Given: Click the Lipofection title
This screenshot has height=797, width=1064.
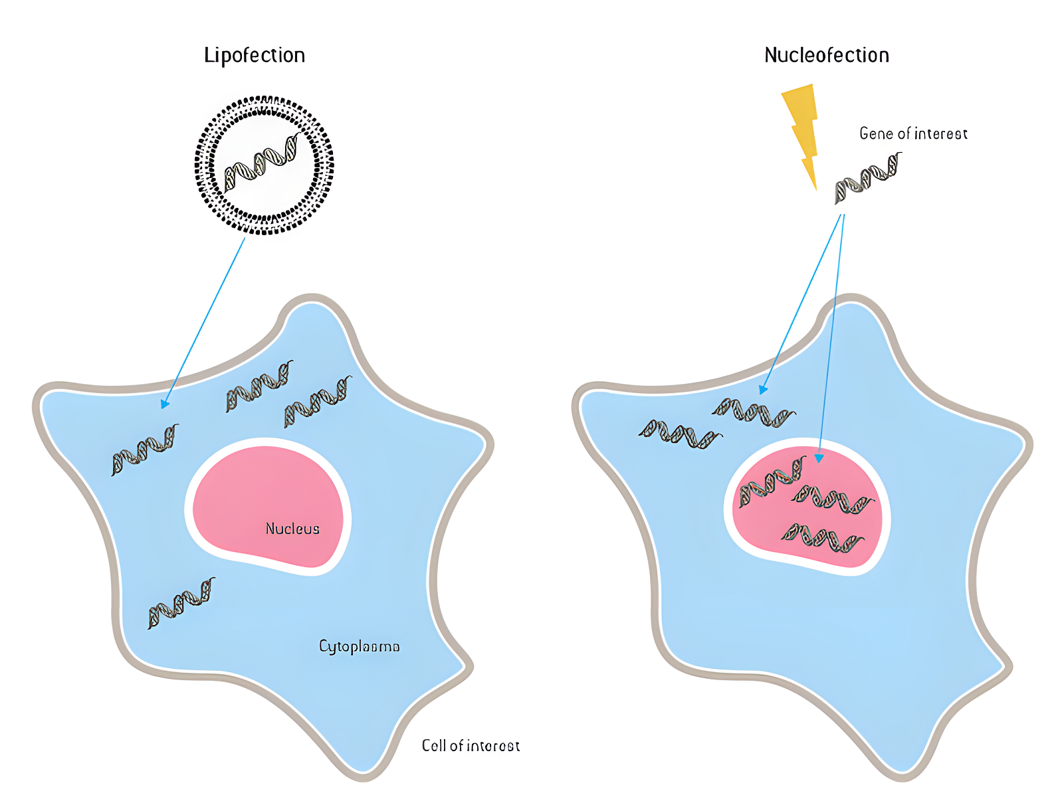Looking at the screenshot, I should pos(255,55).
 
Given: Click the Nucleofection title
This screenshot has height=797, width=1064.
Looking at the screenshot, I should pos(826,55).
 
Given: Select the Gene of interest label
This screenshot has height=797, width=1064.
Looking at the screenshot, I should pos(913,133).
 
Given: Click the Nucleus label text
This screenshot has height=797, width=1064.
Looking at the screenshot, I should pos(292,529).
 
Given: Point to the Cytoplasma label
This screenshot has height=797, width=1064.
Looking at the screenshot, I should pos(359,646).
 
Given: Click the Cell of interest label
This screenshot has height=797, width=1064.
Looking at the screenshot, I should pos(471,746).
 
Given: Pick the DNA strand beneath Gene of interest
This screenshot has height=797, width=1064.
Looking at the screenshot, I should pos(868,177).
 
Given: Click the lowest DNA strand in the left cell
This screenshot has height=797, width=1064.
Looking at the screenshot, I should pos(181,602).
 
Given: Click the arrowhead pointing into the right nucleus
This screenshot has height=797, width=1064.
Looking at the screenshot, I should pos(819,458).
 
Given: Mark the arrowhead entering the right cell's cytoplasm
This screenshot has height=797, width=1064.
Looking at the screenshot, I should pos(764,389).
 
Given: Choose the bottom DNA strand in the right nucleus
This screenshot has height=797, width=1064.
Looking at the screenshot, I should pos(823,537).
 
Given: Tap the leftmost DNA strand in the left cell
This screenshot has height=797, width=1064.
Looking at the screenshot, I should pos(144,450).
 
